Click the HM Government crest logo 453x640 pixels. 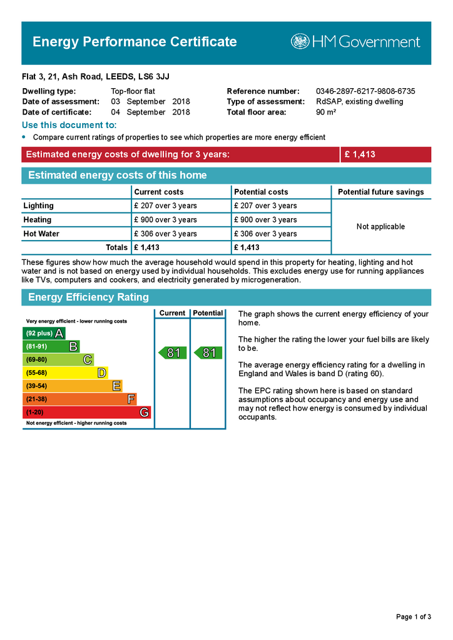[300, 42]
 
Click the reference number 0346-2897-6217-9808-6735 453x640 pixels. [365, 91]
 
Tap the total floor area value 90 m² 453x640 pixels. [326, 112]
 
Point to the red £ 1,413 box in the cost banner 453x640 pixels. [385, 154]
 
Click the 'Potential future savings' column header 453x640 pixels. [380, 192]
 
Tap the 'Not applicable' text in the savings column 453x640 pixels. [380, 227]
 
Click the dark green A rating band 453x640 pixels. [44, 333]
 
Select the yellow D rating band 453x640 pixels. [66, 372]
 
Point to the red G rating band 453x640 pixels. [86, 412]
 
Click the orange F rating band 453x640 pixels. [79, 399]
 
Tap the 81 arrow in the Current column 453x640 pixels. [172, 353]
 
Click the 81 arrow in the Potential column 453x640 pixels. [208, 353]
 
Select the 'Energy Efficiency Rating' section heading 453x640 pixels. [88, 297]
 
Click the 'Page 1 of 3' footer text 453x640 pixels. [414, 617]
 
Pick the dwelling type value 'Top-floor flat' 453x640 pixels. [133, 91]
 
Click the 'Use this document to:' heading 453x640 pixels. [69, 126]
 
